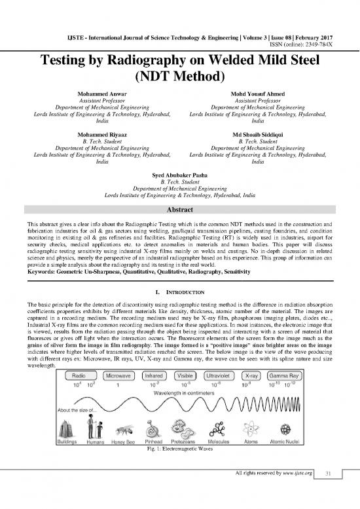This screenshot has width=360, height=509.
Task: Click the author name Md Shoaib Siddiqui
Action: point(257,132)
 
